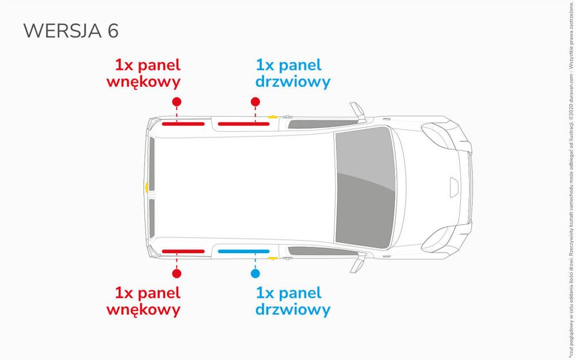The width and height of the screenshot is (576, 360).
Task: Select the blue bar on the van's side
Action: (x=243, y=251)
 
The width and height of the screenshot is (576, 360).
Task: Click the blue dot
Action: (x=255, y=273)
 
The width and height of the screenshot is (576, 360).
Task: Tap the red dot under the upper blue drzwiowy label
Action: (x=255, y=102)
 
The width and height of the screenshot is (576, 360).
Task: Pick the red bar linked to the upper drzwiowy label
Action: (x=243, y=124)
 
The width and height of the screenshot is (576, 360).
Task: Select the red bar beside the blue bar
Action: (x=183, y=251)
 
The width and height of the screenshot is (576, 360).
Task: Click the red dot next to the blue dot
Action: (x=176, y=273)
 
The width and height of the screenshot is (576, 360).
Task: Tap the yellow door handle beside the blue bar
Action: (x=273, y=258)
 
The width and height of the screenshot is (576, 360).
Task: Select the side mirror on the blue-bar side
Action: (x=357, y=263)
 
